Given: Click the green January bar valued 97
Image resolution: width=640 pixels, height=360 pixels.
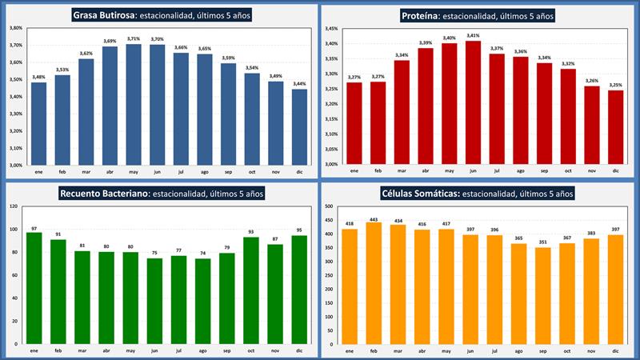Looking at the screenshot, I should coord(34,288).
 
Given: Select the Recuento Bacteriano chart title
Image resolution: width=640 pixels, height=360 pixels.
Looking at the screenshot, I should coord(161,193).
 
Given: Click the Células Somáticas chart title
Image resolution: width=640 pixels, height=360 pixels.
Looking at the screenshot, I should coord(478,193).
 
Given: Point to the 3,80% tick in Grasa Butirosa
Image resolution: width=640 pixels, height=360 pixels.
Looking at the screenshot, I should coord(15,28).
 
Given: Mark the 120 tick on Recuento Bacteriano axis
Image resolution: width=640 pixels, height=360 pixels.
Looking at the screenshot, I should coord(13,206).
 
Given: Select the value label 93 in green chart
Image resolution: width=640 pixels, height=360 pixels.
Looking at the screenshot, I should coord(251,232).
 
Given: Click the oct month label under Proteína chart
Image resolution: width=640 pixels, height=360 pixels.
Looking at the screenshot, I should coord(568,170).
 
